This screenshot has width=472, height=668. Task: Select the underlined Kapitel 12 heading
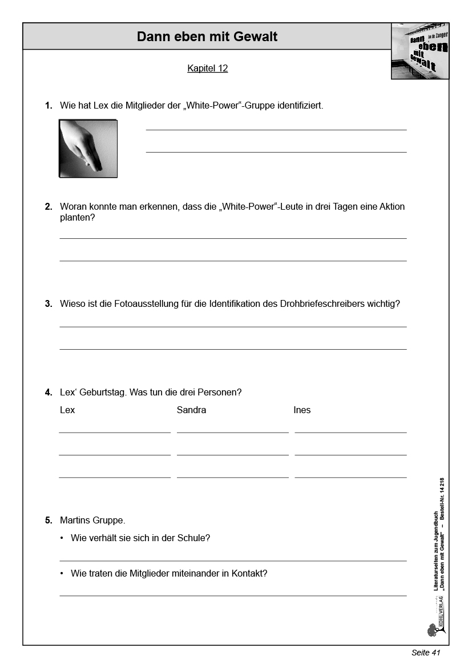pos(207,69)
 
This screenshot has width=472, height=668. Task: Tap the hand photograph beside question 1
pos(88,149)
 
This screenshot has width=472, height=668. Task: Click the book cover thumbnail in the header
pos(419,51)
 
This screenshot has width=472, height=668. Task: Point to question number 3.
pos(49,304)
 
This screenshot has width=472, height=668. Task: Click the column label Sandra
pos(191,410)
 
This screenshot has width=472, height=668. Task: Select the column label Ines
pos(302,410)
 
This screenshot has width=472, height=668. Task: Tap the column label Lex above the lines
pos(67,410)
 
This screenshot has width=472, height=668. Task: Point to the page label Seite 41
pos(426,653)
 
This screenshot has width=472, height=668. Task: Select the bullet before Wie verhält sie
pos(62,538)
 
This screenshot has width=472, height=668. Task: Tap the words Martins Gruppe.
pos(92,521)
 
